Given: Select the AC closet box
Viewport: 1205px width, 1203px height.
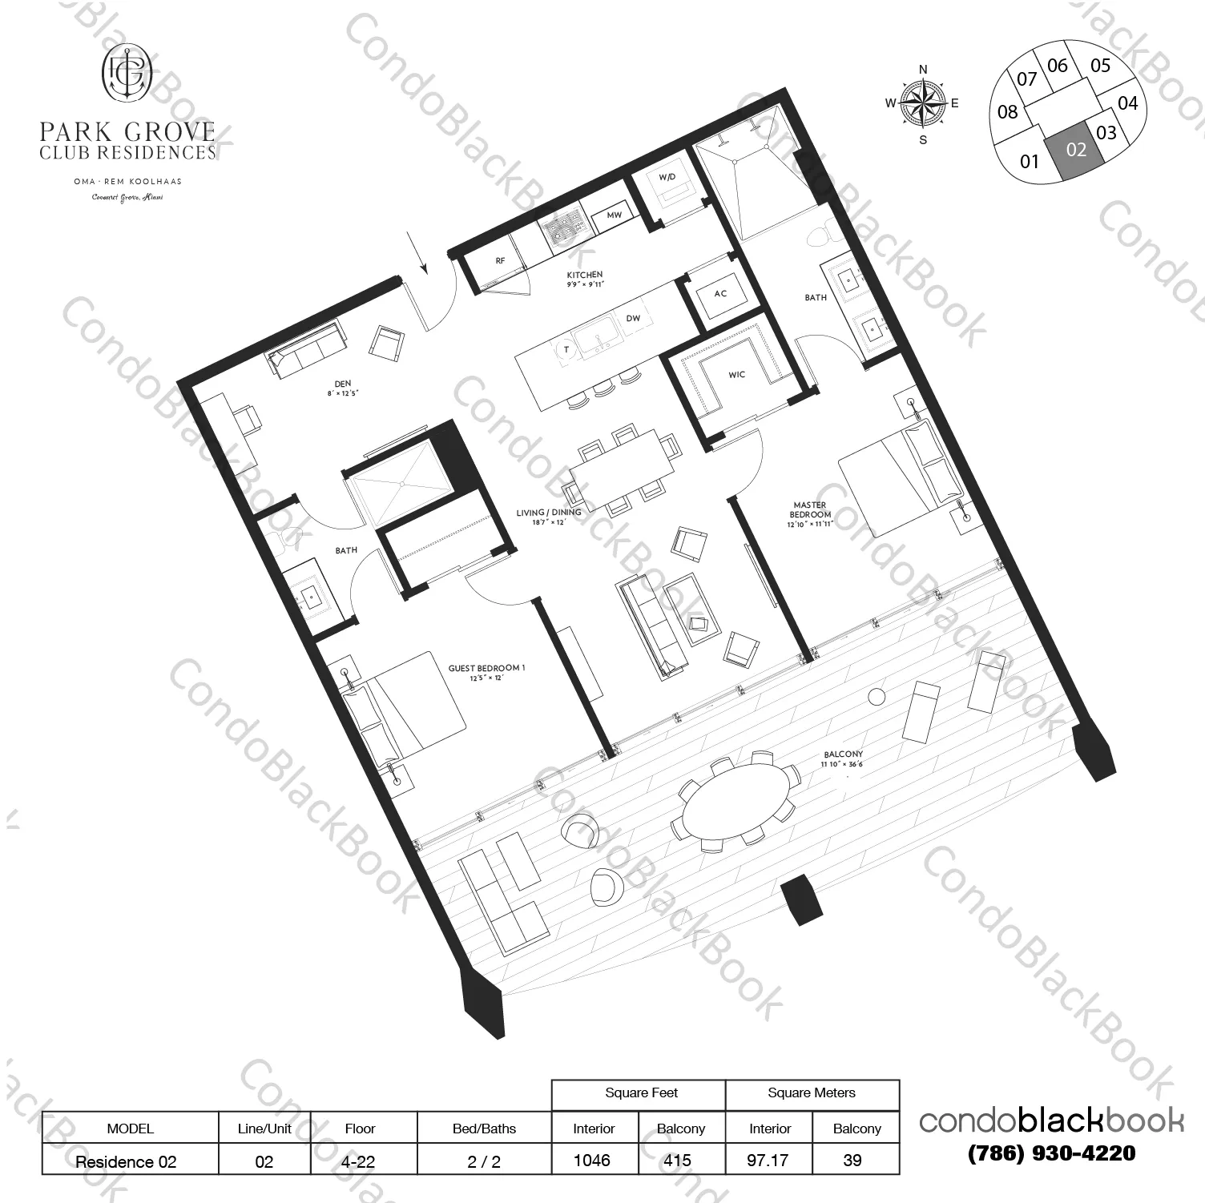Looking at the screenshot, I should (720, 294).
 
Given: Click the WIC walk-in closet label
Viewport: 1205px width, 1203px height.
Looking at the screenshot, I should (736, 375).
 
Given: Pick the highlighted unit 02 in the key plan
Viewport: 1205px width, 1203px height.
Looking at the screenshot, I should (1076, 150).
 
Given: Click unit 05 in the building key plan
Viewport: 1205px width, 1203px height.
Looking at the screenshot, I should (1100, 66).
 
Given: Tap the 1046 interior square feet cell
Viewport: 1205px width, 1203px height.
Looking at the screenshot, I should (593, 1161).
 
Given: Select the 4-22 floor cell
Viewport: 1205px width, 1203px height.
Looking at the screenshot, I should (359, 1161).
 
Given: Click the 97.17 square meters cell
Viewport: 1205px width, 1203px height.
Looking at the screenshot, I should (768, 1161).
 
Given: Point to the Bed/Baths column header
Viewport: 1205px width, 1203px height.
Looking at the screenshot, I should (484, 1129).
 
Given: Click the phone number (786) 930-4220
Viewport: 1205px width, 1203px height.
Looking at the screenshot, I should (1051, 1153).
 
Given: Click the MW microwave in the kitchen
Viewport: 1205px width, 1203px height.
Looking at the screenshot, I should (615, 215).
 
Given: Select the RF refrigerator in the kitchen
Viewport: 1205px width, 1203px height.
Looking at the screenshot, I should (500, 261).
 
